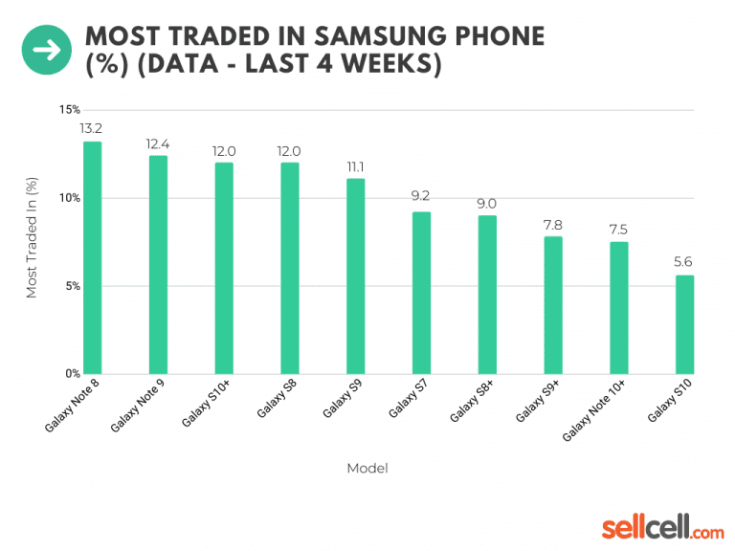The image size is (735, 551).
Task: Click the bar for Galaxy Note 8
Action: pos(92,258)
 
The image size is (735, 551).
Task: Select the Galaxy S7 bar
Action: pos(421,293)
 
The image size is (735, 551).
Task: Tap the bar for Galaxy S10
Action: pos(684,324)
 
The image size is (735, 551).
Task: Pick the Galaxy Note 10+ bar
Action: pos(619,307)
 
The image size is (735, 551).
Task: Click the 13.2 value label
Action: pos(92,127)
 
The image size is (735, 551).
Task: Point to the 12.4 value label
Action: pos(158,143)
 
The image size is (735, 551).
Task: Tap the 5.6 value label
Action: pos(684,261)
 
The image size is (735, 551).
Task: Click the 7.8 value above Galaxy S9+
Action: pos(553,223)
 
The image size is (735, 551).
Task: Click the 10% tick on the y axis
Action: pos(69,198)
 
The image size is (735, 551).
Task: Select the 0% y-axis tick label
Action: pos(72,373)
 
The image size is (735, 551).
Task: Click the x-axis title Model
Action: pos(367,468)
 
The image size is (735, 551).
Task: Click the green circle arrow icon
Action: pos(47,50)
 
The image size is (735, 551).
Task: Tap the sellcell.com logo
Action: pos(662,526)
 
